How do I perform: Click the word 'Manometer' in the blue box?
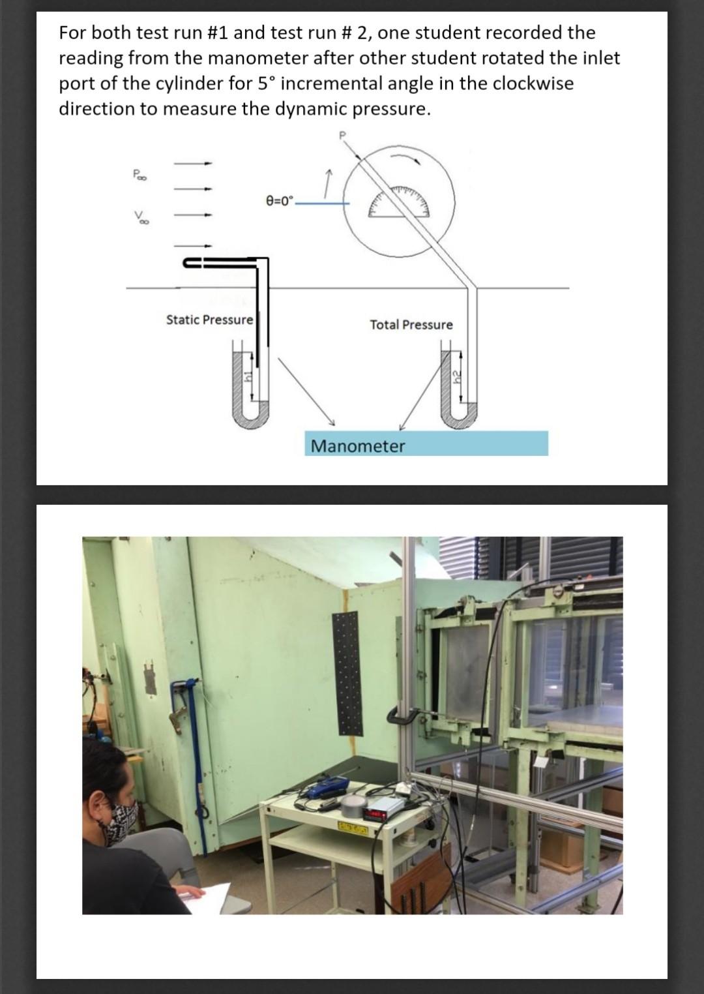(358, 446)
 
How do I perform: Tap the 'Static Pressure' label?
(209, 320)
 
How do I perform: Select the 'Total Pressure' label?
(412, 325)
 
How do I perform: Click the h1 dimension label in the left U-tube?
(249, 377)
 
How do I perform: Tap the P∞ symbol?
(139, 174)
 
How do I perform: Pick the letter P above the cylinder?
(342, 135)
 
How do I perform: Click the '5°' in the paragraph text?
(267, 83)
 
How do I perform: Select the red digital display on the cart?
(375, 814)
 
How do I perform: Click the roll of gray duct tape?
(353, 804)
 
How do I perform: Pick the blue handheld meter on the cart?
(321, 791)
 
